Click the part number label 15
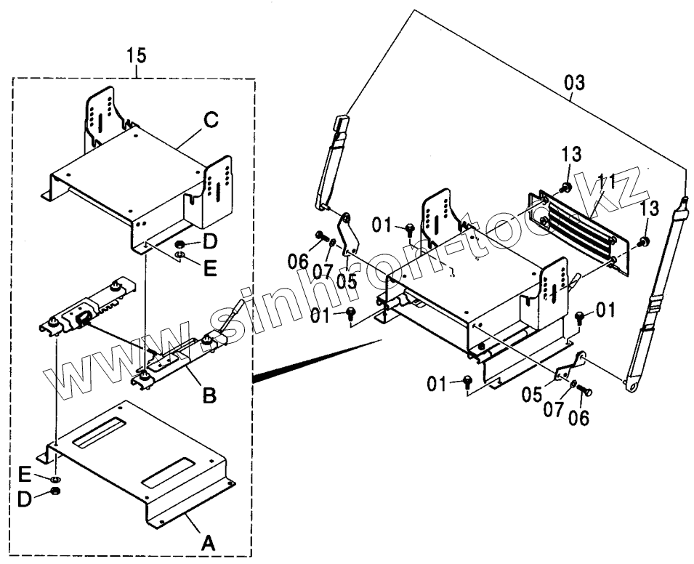136,55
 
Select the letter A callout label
207,541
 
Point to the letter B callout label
208,396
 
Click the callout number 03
573,82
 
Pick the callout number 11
607,182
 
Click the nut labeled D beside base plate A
56,493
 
